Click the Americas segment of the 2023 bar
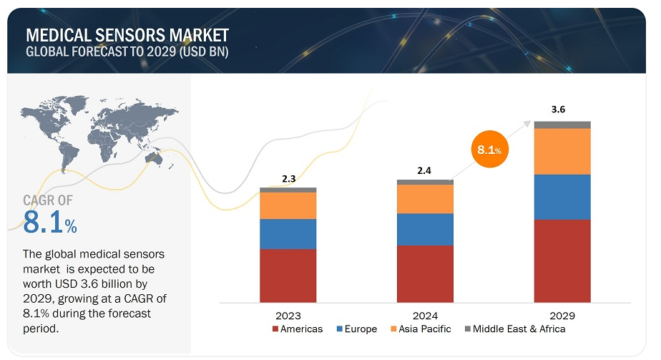(288, 276)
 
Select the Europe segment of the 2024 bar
(425, 229)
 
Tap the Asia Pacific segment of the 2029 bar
(562, 151)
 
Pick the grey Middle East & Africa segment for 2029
(562, 125)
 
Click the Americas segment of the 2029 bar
(562, 261)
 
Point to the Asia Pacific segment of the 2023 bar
(288, 205)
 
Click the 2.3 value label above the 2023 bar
(288, 179)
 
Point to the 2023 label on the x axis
(288, 315)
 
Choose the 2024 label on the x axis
(425, 315)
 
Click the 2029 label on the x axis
(562, 315)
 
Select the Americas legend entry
(298, 329)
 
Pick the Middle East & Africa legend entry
(514, 329)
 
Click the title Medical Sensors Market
(127, 34)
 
